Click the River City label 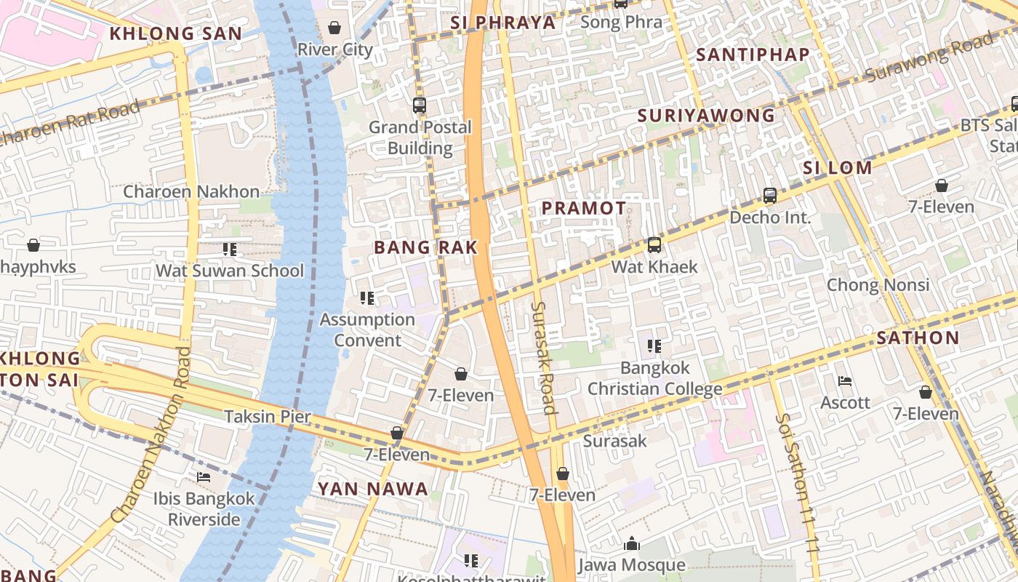pos(334,49)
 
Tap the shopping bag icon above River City pos(334,28)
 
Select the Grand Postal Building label pos(420,137)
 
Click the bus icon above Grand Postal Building pos(420,105)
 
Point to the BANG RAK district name pos(425,247)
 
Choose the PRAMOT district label pos(584,208)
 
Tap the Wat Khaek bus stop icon pos(654,245)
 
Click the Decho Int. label pos(770,218)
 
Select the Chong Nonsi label pos(878,284)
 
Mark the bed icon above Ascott pos(844,380)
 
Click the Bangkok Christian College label pos(654,378)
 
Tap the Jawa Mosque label pos(631,565)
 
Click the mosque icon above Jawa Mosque pos(631,543)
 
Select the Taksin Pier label pos(267,417)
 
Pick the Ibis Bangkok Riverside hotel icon pos(204,477)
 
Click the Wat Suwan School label pos(230,271)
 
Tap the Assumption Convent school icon pos(367,298)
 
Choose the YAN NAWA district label pos(372,489)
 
